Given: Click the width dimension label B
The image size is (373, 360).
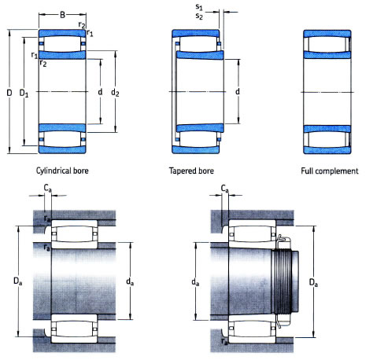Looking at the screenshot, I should click(64, 13).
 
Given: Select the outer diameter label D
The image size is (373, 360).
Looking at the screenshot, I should click(9, 94).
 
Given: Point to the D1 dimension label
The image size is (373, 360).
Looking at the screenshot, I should click(24, 94).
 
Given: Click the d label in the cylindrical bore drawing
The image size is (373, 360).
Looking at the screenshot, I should click(100, 94).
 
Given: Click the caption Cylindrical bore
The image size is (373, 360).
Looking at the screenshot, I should click(64, 171).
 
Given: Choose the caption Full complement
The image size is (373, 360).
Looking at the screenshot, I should click(329, 171).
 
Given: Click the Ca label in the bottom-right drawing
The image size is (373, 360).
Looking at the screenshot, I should click(225, 189).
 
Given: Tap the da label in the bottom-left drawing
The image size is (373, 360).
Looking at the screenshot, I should click(130, 279).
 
